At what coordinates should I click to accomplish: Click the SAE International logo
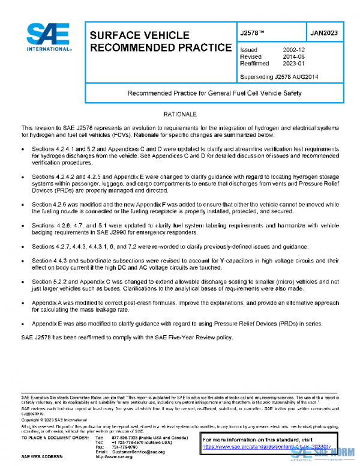(x=49, y=37)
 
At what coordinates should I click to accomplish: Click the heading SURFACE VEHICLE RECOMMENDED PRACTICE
(x=160, y=41)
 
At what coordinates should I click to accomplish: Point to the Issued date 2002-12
(x=294, y=50)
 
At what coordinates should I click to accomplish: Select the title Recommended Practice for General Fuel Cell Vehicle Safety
(x=215, y=93)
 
